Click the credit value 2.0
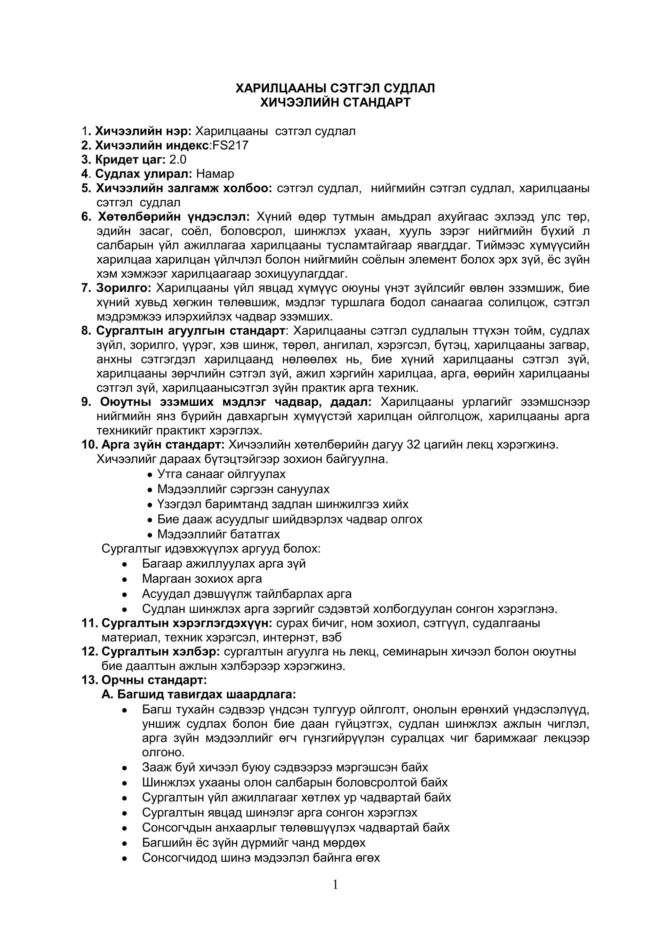click(x=178, y=160)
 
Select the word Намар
click(x=215, y=174)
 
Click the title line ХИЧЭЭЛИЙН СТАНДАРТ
click(x=335, y=102)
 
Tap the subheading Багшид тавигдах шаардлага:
click(x=199, y=695)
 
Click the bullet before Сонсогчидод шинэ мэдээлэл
click(x=125, y=858)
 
